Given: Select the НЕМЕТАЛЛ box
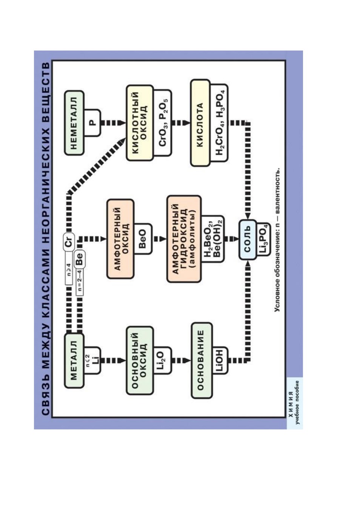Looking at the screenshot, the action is (74, 123).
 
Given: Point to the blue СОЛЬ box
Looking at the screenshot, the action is (248, 239).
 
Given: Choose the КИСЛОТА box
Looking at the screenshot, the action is (200, 123).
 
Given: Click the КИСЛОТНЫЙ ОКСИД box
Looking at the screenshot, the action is (139, 123).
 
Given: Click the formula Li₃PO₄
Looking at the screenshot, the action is (263, 239).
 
